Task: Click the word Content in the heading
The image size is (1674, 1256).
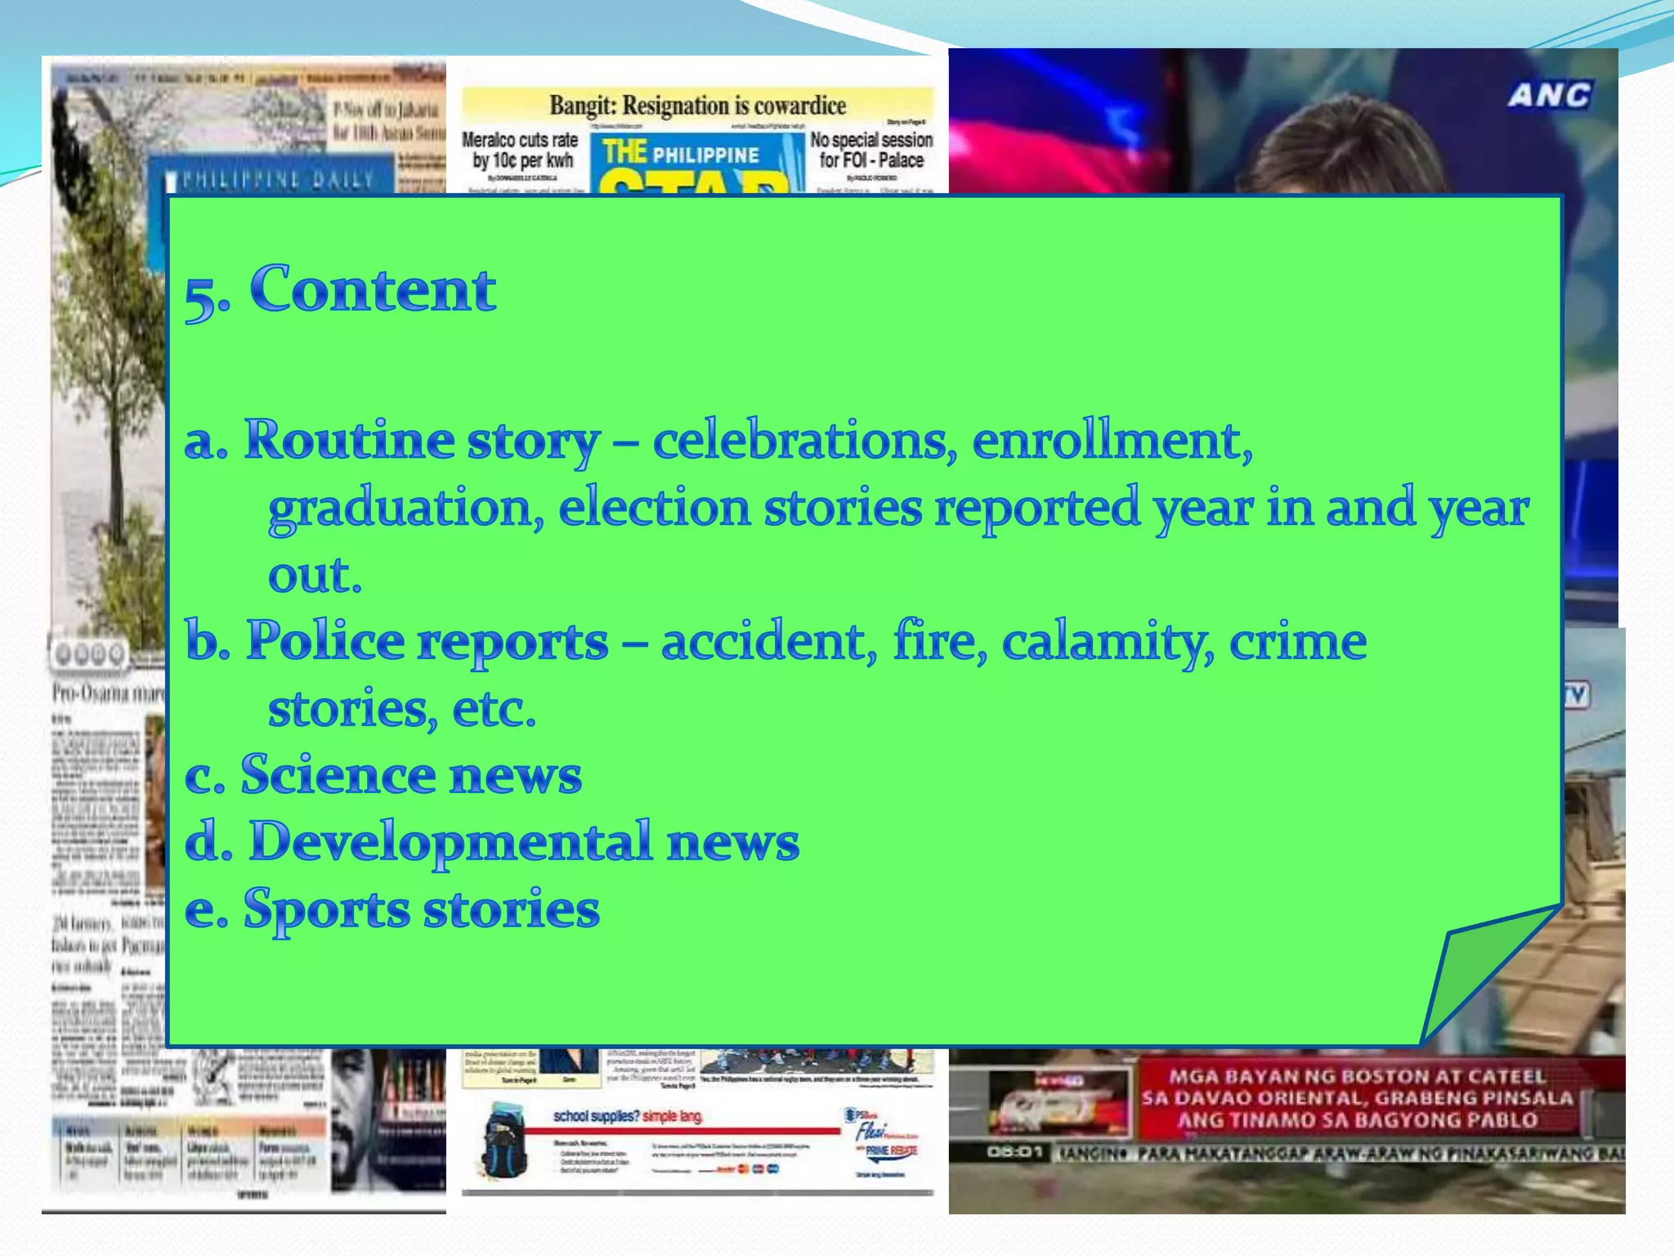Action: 373,289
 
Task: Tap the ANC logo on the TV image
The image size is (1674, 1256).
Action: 1549,96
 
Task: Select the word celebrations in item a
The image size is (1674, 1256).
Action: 804,441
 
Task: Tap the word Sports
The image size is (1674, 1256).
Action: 326,909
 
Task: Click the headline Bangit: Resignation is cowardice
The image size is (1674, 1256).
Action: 697,105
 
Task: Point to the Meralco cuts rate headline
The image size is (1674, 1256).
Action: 521,150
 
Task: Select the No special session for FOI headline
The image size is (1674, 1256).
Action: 871,150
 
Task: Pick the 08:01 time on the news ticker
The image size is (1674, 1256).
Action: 1014,1153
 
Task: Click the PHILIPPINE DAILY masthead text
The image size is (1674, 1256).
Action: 278,179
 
